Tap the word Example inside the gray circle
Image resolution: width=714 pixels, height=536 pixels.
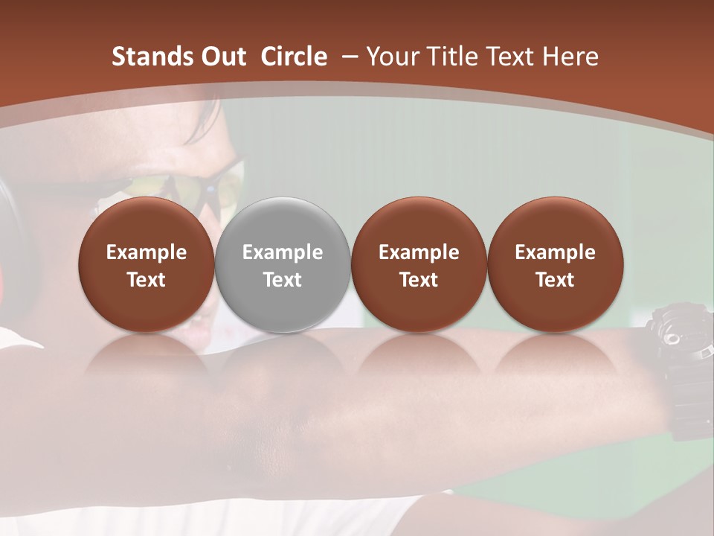283,252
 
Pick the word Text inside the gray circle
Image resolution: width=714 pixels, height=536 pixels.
283,280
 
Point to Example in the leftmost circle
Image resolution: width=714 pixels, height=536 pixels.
147,252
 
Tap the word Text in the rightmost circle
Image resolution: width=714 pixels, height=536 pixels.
556,280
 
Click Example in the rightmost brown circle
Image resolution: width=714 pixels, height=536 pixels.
556,252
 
